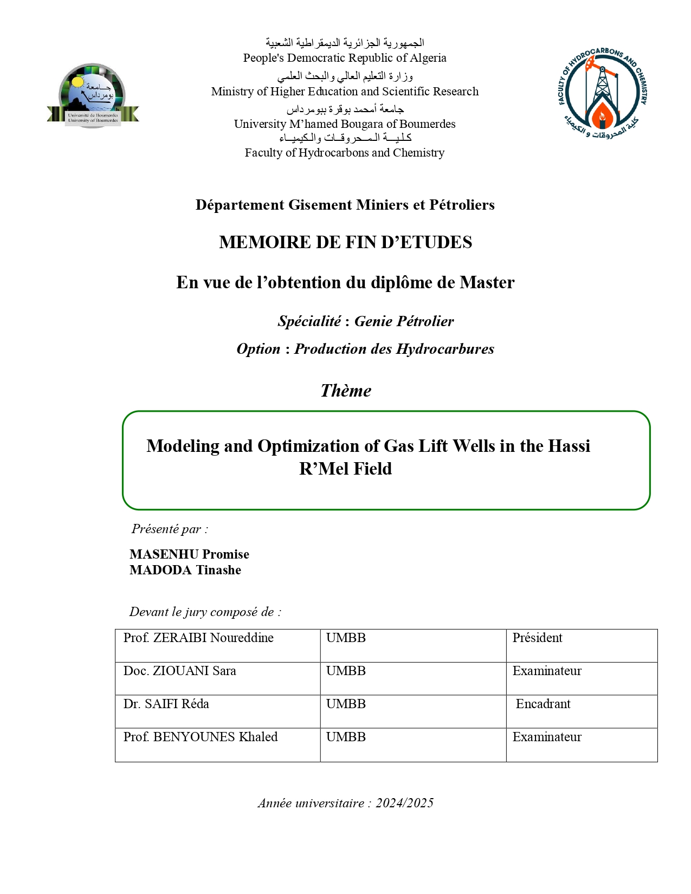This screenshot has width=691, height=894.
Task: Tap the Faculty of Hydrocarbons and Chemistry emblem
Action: tap(602, 93)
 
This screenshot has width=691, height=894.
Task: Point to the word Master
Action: tap(487, 282)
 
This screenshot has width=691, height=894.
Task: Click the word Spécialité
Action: tap(309, 321)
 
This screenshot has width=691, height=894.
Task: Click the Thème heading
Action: tap(346, 391)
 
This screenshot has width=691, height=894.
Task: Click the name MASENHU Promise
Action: tap(189, 554)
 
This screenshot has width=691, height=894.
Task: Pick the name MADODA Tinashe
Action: tap(185, 570)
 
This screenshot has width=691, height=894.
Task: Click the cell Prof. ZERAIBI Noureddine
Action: tap(198, 638)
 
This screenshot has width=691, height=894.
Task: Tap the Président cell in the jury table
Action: tap(537, 638)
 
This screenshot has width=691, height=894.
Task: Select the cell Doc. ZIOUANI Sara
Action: tap(180, 671)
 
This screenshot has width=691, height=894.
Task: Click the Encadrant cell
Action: tap(543, 704)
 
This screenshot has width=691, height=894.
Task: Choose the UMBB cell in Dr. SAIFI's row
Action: tap(346, 704)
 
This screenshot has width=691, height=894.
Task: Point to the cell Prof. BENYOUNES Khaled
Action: tap(201, 737)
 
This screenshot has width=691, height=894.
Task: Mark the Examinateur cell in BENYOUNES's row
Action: tap(547, 737)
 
